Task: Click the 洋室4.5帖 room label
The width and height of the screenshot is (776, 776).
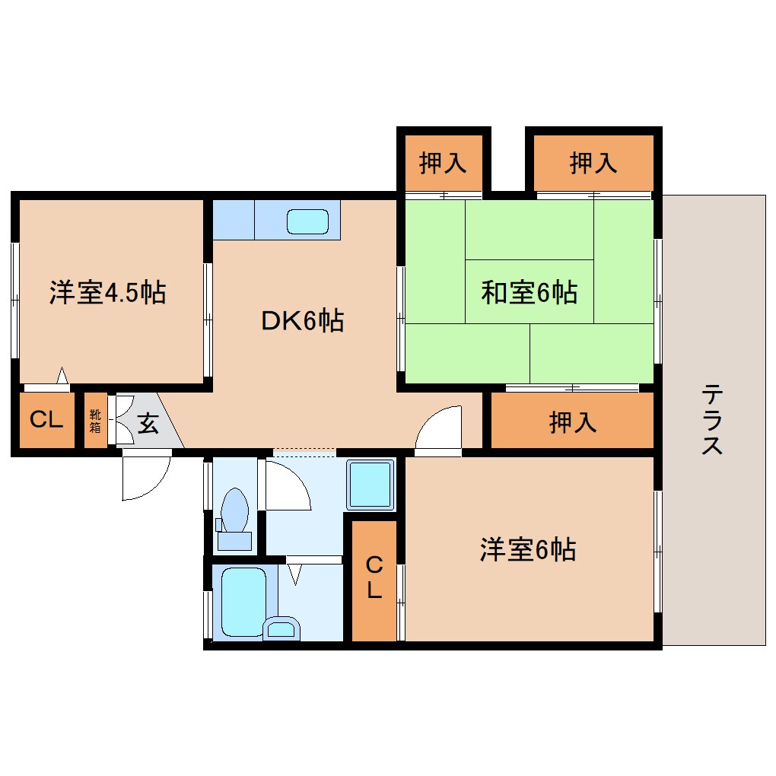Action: point(108,293)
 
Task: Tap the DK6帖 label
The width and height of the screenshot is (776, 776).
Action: point(303,321)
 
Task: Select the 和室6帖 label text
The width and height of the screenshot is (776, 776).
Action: point(528,292)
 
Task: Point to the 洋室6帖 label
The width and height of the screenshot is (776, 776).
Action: point(527,549)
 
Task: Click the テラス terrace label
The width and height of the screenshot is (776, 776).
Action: point(712,419)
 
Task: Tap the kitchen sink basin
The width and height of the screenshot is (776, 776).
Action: point(308,221)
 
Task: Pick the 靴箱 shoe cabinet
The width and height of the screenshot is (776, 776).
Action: point(95,421)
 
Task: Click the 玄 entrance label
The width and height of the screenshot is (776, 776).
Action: point(148,423)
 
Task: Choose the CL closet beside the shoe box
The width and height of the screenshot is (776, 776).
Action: point(46,419)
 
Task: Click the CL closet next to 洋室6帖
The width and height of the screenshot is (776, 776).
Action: point(374,578)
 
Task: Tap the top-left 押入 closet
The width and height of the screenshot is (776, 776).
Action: point(443,164)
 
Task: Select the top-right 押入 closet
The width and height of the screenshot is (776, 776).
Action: point(593,163)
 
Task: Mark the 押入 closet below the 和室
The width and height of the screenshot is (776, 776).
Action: point(573,422)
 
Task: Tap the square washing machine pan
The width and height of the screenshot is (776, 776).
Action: point(371,485)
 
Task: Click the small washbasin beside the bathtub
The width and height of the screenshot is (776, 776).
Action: point(281,628)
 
